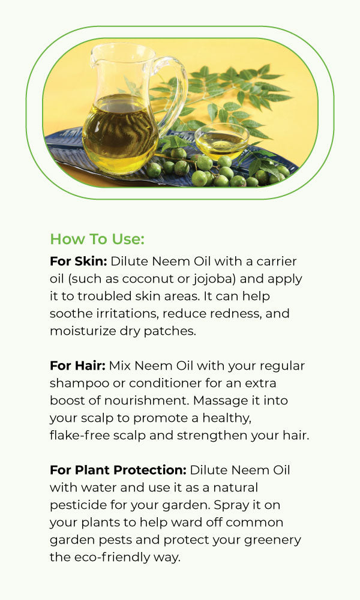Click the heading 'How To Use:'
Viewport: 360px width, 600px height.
coord(97,239)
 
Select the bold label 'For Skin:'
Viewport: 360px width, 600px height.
coord(79,262)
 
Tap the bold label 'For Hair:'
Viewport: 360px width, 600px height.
coord(77,366)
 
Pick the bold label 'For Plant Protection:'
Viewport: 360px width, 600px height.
coord(118,470)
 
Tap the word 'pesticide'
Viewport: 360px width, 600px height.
coord(79,505)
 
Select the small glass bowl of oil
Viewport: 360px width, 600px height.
coord(221,141)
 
